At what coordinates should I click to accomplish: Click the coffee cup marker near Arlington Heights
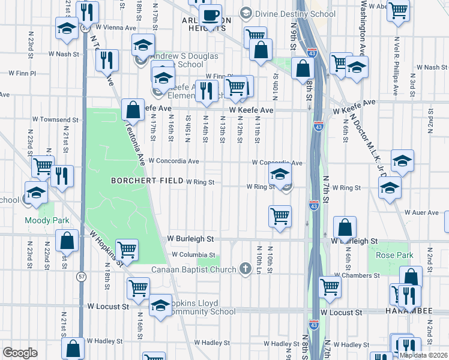point(210,15)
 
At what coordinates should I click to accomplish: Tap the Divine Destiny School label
point(279,13)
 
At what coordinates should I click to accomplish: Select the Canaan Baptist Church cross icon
point(245,268)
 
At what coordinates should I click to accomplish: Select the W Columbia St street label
point(193,254)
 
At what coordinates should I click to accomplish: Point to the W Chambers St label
point(357,275)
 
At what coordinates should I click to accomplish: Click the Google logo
point(20,352)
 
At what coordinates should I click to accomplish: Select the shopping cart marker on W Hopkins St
point(127,249)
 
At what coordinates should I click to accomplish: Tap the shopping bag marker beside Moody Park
point(67,241)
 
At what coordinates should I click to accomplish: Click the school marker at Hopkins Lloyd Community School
point(160,305)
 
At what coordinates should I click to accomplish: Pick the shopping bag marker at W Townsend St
point(132,110)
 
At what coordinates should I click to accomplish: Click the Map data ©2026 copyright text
point(423,355)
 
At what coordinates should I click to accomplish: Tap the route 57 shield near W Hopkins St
point(81,276)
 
